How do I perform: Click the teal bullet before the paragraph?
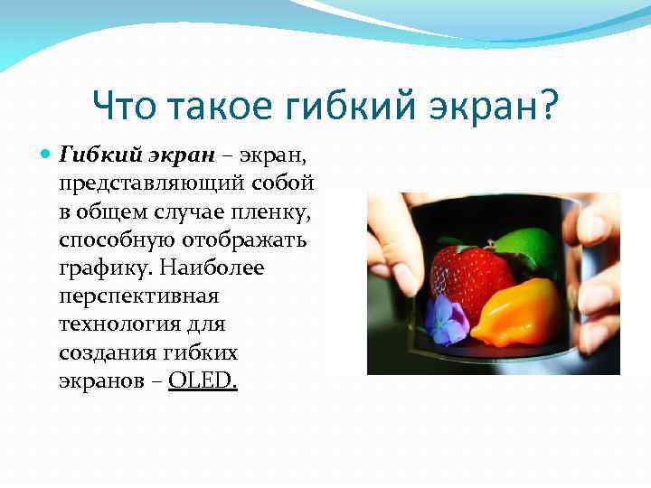(47, 155)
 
